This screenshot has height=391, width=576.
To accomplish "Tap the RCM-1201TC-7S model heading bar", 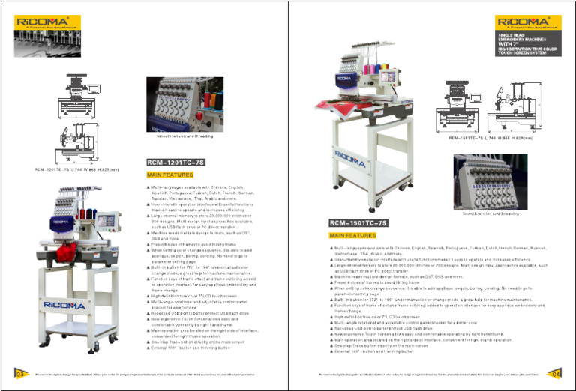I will point(172,161).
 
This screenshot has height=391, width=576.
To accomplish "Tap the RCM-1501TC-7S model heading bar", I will point(358,222).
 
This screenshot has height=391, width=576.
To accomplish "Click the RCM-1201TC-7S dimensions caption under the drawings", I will point(76,169).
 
